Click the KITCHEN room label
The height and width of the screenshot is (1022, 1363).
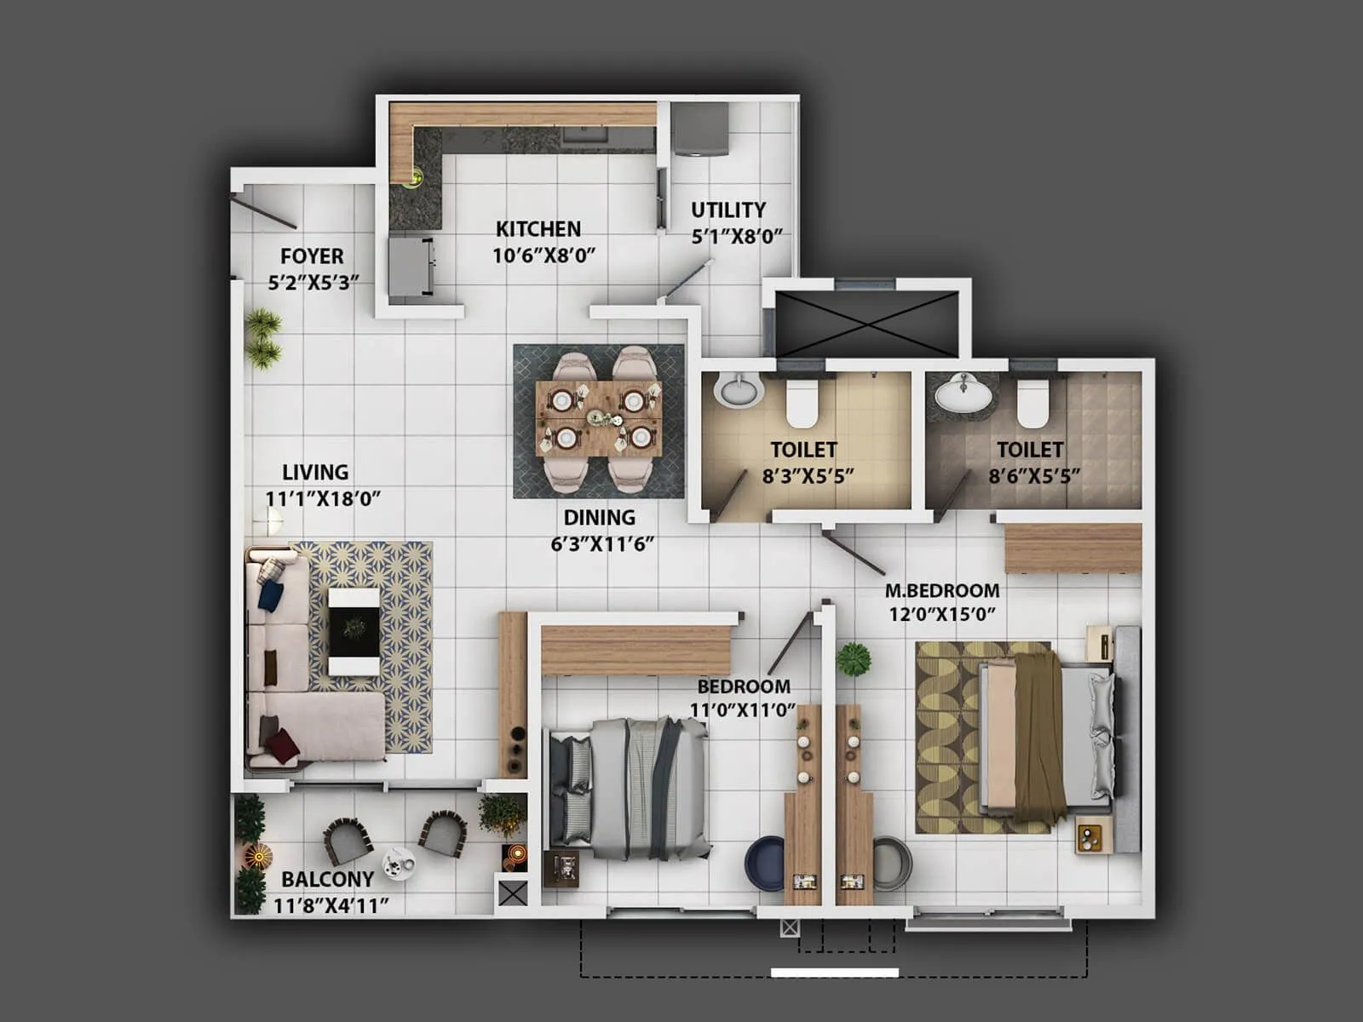point(538,228)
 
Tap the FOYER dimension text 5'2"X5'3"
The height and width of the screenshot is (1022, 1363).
point(313,282)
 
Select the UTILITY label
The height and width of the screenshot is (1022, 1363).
point(728,210)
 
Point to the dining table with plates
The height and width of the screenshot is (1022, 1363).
point(598,418)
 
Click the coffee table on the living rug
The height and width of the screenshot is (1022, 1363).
point(354,630)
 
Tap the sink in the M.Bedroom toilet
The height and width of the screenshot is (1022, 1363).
point(963,393)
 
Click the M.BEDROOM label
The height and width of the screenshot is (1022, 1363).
point(942,590)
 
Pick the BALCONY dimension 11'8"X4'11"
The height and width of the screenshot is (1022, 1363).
point(331,905)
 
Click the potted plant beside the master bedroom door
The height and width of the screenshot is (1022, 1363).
point(853,659)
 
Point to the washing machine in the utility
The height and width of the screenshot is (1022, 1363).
point(700,129)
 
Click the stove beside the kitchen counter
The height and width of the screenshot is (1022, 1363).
point(411,267)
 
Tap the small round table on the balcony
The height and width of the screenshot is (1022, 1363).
point(397,862)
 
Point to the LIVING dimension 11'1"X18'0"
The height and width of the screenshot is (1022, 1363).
point(322,498)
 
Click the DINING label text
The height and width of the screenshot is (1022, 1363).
point(599,517)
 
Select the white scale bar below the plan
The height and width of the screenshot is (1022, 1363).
point(834,972)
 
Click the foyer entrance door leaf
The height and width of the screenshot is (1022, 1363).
point(263,212)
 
